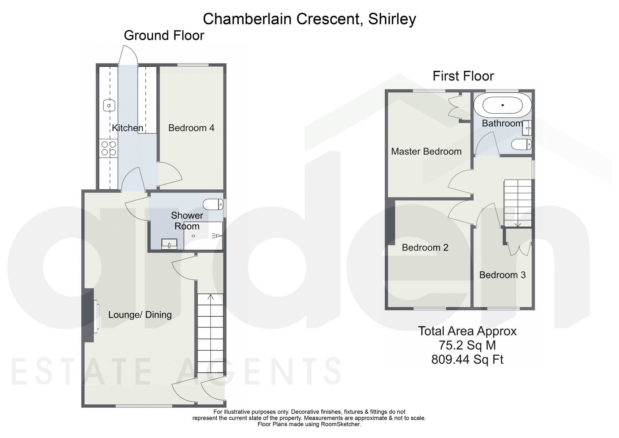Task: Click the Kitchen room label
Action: (128, 128)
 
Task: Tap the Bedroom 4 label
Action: (191, 128)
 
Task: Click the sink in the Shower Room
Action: (169, 244)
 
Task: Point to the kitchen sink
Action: (109, 105)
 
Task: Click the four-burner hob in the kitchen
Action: (109, 148)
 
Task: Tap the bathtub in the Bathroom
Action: (503, 105)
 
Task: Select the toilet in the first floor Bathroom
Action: (522, 144)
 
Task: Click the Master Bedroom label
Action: (426, 151)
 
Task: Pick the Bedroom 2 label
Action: (425, 247)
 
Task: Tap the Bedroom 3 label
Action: (502, 275)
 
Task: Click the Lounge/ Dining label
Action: (140, 315)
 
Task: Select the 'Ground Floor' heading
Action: (164, 36)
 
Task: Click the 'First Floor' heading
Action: (463, 76)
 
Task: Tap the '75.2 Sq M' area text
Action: (467, 345)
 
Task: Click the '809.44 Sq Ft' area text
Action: (467, 360)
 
